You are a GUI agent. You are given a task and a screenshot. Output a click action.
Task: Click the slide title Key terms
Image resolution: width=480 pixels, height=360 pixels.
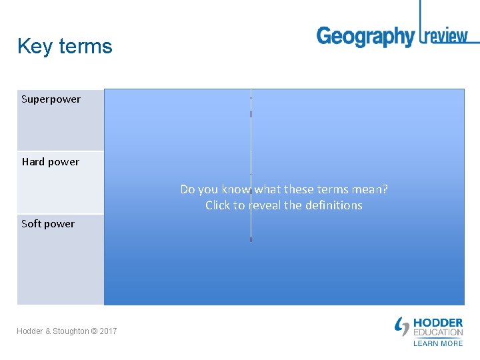65,47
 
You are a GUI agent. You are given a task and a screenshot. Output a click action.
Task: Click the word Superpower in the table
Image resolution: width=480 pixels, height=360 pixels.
51,99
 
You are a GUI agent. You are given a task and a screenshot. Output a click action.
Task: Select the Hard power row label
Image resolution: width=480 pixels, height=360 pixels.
50,162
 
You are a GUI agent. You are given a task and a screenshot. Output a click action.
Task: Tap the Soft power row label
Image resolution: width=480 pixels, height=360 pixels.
48,224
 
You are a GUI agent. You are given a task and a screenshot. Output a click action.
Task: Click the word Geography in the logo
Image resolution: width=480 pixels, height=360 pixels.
365,37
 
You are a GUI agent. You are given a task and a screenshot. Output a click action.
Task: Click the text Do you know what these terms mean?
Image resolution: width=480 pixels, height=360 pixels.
284,189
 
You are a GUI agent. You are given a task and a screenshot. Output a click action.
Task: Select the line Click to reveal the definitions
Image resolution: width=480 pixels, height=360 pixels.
284,205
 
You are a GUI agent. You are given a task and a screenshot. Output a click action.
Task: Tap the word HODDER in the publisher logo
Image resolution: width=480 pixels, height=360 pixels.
438,323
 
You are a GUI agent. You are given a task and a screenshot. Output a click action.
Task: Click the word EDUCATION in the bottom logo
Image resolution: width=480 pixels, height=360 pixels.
438,333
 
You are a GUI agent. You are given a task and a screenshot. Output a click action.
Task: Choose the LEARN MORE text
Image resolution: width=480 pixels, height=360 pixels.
438,343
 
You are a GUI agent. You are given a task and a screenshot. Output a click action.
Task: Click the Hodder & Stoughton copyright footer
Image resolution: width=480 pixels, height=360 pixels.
67,331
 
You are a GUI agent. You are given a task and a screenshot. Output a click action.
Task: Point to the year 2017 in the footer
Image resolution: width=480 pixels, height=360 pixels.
108,331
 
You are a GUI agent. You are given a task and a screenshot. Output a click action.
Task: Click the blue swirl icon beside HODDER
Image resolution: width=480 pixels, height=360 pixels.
402,327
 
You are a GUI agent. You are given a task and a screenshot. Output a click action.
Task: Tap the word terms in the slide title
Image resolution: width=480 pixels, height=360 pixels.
85,47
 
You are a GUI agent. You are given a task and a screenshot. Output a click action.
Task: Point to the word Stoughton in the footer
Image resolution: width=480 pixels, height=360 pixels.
70,331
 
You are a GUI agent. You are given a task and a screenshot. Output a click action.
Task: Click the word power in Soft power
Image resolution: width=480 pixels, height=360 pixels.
60,224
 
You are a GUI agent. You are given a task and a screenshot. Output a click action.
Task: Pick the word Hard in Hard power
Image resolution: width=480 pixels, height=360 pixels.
33,162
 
